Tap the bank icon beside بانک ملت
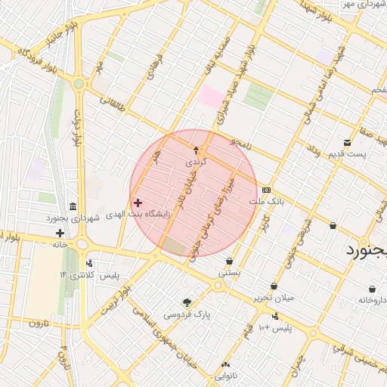266,190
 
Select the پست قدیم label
347,154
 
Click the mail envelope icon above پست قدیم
347,142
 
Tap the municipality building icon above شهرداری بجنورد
73,206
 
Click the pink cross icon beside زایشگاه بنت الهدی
138,203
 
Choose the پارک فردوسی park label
187,313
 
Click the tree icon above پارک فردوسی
187,302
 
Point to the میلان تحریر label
273,297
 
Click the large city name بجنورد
366,250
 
